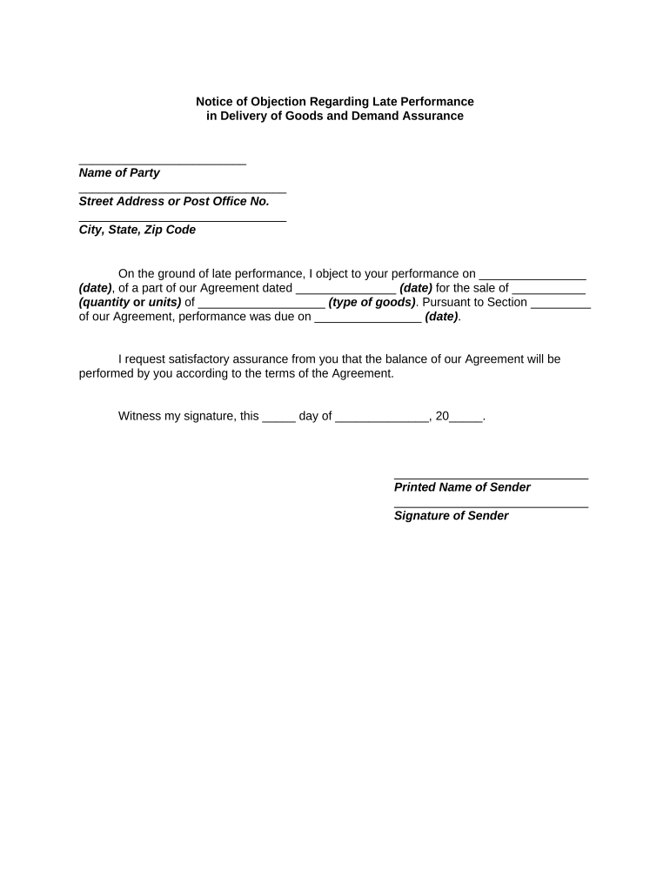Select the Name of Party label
pos(119,173)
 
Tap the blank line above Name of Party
pos(162,163)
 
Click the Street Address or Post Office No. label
pos(174,201)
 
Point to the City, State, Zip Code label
pos(137,230)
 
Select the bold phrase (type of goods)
pos(372,302)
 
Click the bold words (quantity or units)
pos(131,302)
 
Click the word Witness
pos(140,416)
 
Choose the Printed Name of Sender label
pos(462,487)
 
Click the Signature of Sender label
pos(452,516)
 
